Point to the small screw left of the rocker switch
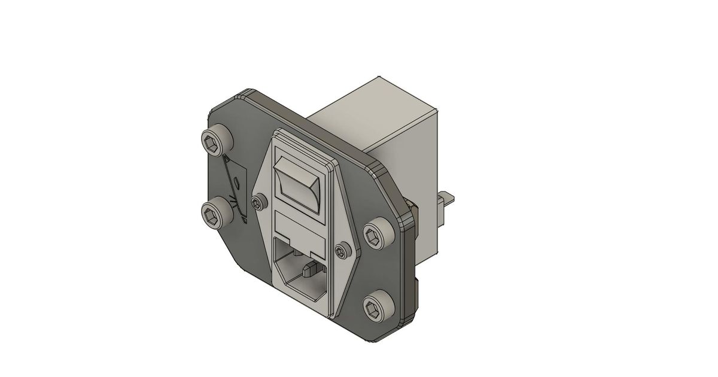point(258,203)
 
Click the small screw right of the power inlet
point(341,250)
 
